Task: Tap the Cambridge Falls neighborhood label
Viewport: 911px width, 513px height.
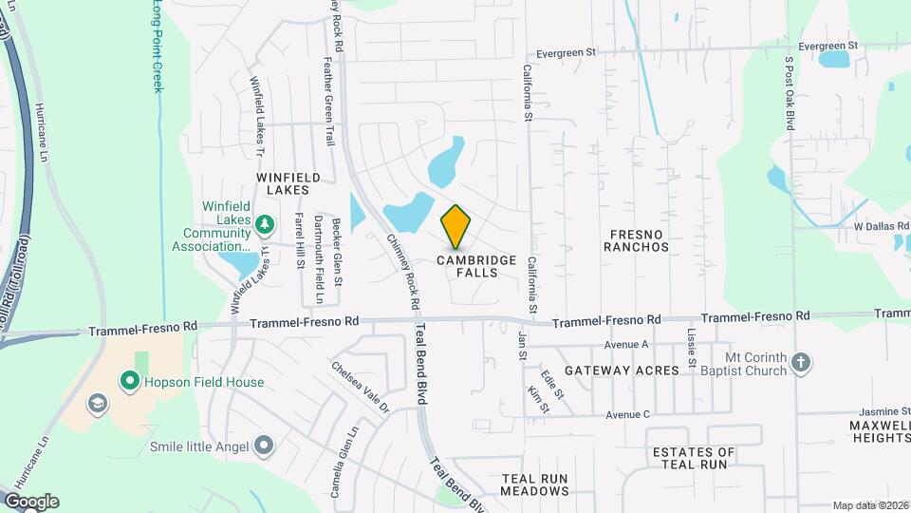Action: click(476, 266)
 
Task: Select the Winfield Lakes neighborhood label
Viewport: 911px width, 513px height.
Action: click(283, 183)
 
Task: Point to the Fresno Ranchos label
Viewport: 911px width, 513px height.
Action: click(639, 239)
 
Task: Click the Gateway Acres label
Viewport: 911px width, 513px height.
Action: click(622, 370)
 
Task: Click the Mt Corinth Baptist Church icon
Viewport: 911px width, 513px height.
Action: click(802, 362)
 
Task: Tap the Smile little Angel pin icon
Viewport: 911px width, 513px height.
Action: click(264, 446)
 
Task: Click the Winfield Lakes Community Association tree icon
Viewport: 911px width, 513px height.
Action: click(267, 224)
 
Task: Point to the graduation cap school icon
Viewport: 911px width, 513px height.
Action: click(96, 404)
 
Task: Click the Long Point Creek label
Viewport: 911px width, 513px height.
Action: click(158, 47)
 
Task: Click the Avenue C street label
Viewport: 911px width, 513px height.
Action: click(628, 414)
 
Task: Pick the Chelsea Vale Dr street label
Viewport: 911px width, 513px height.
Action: click(361, 387)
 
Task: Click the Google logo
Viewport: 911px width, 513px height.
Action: click(31, 502)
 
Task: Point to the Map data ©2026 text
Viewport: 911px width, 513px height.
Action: click(869, 505)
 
